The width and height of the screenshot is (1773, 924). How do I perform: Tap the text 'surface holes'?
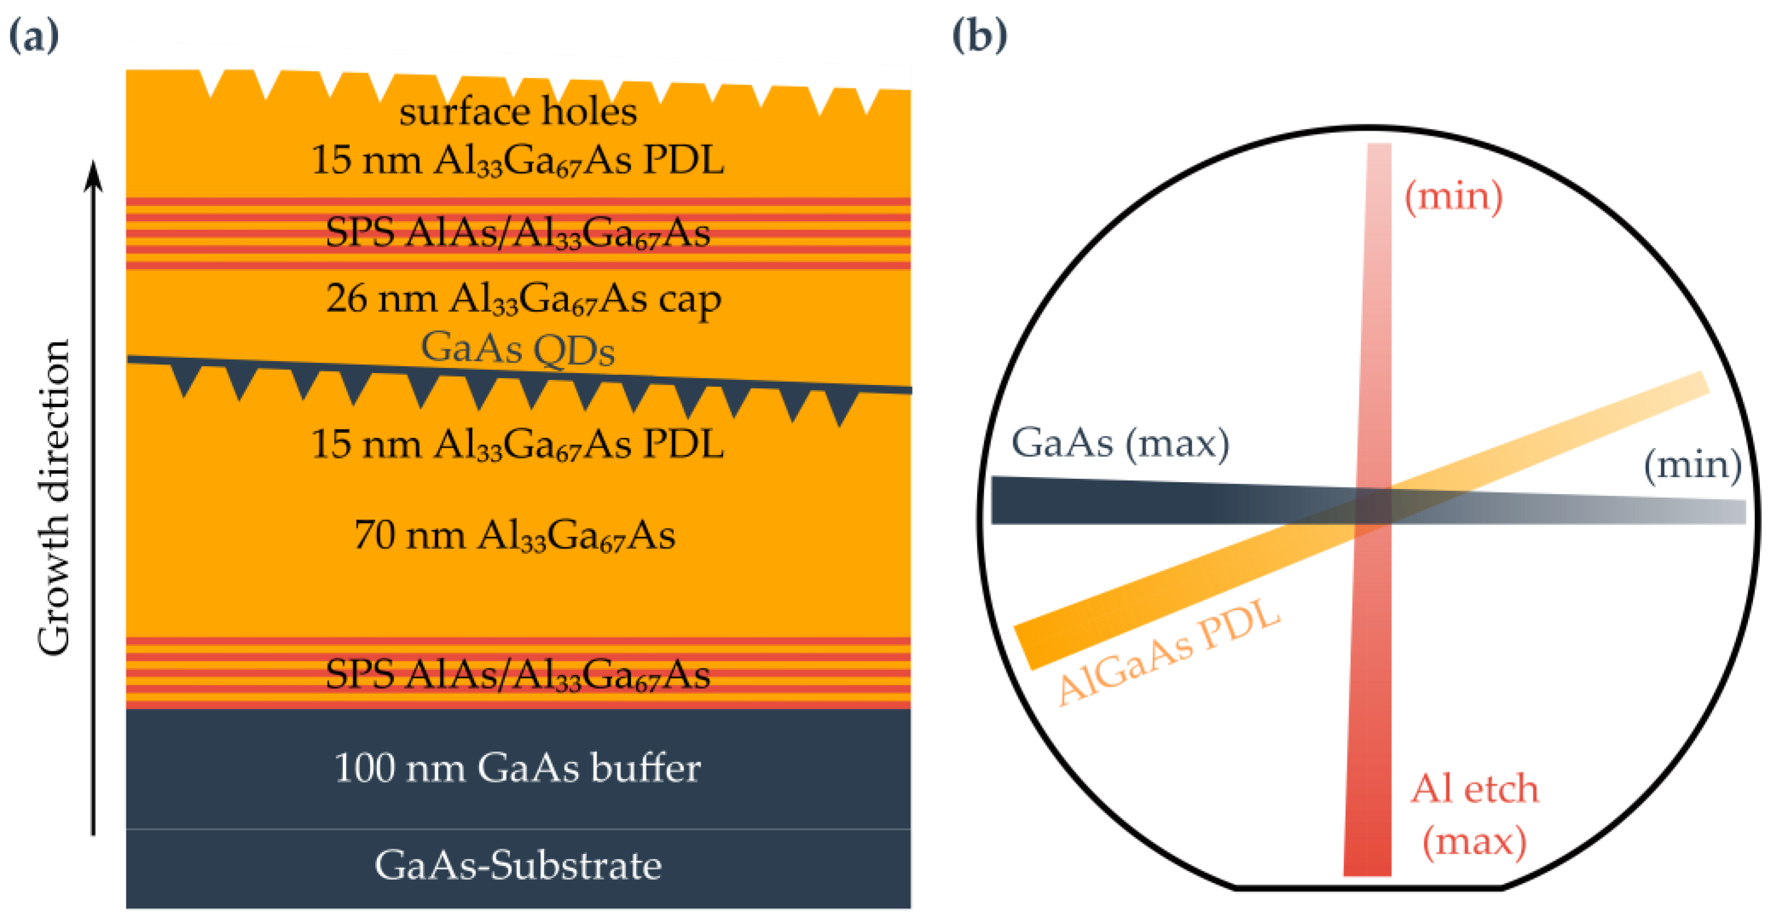coord(518,111)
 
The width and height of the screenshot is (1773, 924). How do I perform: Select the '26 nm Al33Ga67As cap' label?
coord(523,300)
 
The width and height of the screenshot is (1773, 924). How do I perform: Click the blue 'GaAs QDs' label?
coord(517,348)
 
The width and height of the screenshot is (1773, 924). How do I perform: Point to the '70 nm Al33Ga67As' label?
coord(514,536)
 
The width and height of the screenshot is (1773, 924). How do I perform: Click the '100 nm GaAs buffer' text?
coord(517,768)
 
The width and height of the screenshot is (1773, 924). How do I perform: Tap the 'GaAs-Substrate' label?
coord(517,866)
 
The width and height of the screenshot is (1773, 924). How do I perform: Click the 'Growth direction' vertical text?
coord(53,497)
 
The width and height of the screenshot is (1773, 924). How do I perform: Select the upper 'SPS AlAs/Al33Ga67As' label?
coord(517,232)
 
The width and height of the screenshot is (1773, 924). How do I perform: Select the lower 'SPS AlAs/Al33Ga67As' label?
coord(517,674)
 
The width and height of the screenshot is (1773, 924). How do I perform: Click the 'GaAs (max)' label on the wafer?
coord(1120,442)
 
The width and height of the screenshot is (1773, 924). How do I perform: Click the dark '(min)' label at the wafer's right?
coord(1692,465)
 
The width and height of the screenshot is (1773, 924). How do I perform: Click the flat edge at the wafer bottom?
coord(1368,888)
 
